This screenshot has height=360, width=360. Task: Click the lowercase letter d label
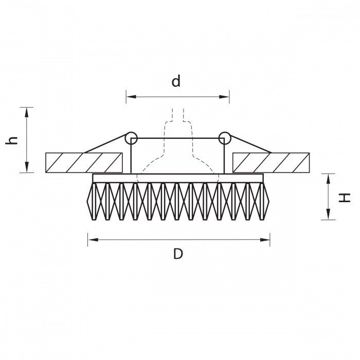176,81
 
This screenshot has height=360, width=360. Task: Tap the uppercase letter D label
178,254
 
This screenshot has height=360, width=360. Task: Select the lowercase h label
12,140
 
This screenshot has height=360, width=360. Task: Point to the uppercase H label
345,198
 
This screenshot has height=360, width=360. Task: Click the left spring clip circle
131,138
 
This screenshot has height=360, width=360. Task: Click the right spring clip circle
225,138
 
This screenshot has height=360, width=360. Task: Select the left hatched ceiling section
84,163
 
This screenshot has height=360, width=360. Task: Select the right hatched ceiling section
271,163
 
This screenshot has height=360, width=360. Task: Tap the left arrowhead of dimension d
131,97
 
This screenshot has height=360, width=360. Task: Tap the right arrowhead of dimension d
224,97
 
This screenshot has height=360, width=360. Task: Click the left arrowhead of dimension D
93,240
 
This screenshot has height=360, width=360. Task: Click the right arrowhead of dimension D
265,240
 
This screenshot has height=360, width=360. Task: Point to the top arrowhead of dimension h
27,113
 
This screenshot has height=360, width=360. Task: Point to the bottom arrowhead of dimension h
27,167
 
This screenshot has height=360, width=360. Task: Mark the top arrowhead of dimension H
328,179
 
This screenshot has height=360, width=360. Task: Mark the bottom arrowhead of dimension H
328,214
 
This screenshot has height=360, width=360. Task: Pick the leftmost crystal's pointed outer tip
87,202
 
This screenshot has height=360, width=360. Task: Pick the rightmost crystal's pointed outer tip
268,202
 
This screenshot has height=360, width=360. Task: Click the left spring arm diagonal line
105,143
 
